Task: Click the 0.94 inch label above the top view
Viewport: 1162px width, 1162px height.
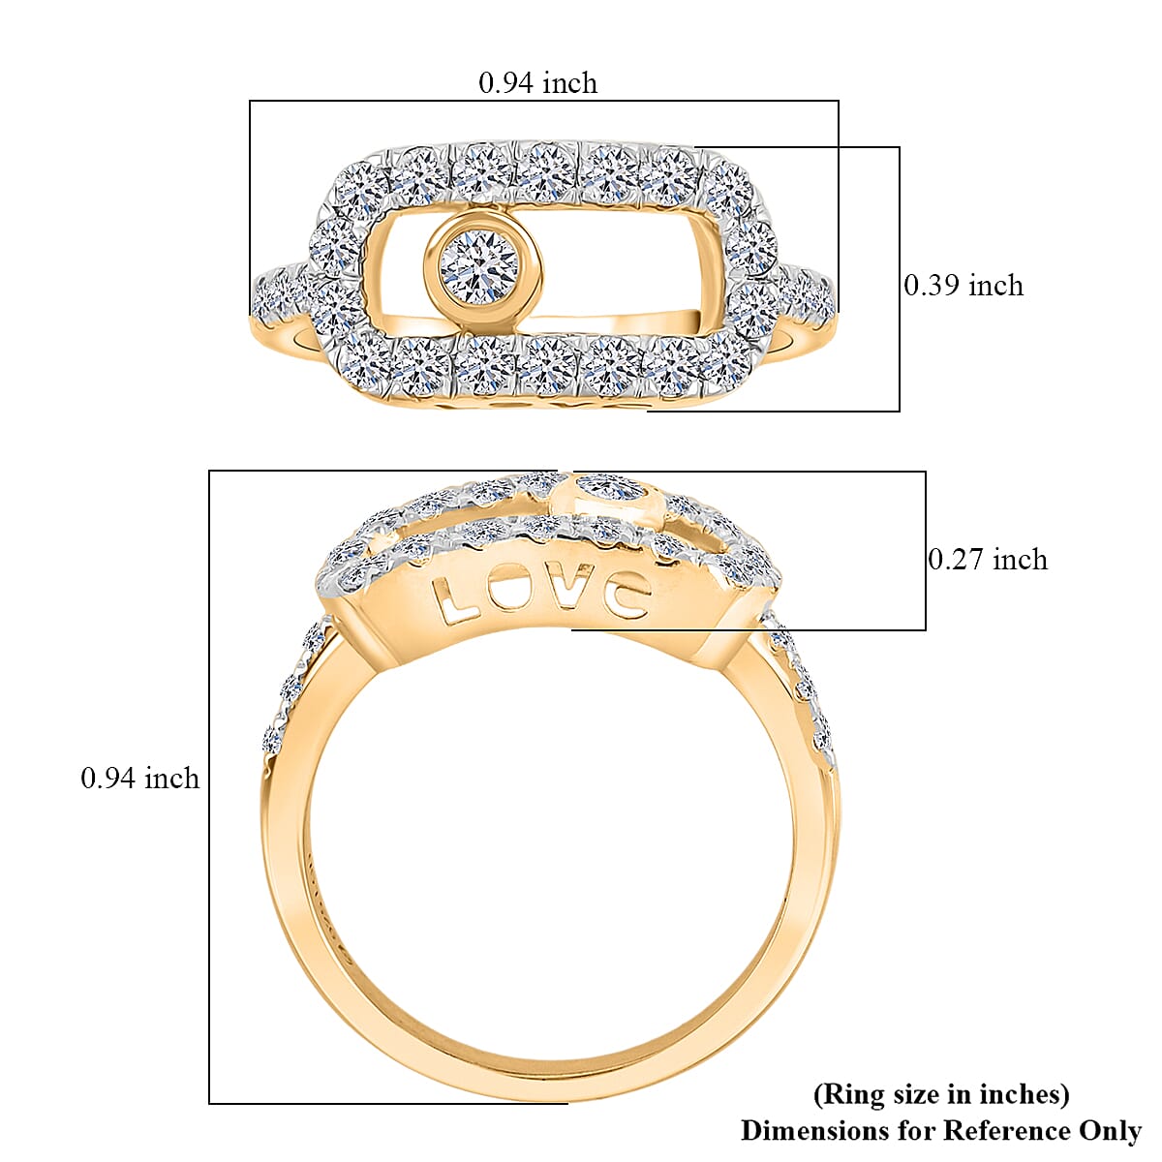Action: click(537, 83)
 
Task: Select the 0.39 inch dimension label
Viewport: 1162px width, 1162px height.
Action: click(963, 286)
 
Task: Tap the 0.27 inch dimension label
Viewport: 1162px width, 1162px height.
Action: click(987, 560)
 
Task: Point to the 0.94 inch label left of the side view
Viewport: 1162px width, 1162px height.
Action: click(139, 779)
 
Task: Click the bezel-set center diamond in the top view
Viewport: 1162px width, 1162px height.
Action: click(479, 266)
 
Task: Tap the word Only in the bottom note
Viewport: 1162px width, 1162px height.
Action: click(1109, 1130)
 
